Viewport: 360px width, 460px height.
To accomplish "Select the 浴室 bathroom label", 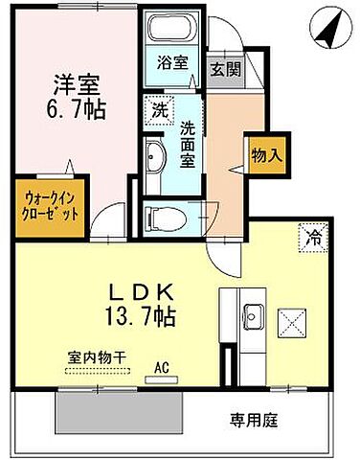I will pyautogui.click(x=172, y=67).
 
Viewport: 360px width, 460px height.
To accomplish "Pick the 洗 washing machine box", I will pyautogui.click(x=158, y=111).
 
